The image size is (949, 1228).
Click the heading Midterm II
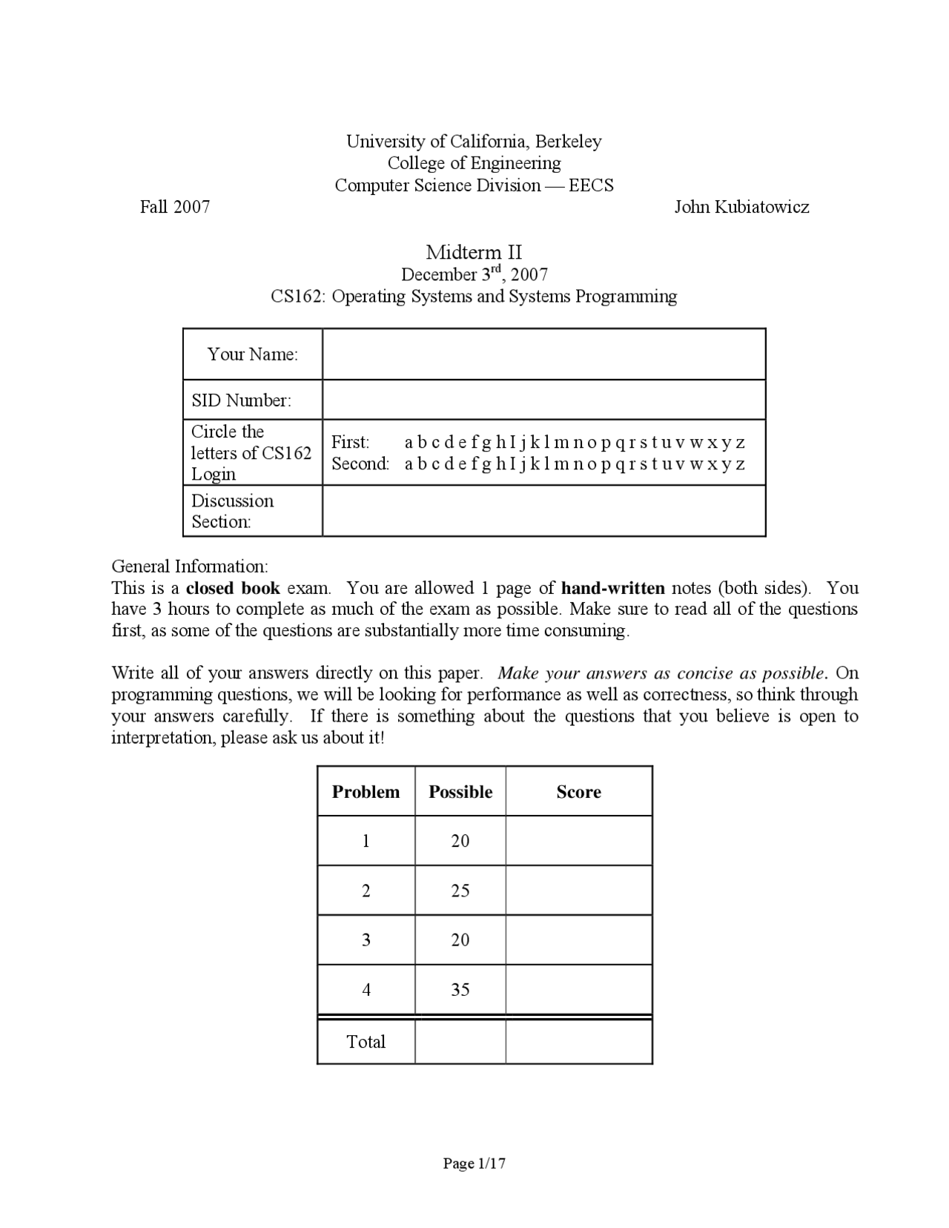[474, 252]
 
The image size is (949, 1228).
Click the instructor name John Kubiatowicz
[741, 207]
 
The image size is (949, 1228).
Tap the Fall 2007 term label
[175, 207]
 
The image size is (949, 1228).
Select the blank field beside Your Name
[543, 354]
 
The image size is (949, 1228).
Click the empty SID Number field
[543, 400]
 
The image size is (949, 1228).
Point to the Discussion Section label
[232, 511]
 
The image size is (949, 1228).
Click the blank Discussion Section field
[543, 511]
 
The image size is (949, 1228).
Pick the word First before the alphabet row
[350, 443]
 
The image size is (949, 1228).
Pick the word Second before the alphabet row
[360, 464]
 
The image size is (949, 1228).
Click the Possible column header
[460, 792]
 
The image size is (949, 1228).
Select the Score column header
[578, 792]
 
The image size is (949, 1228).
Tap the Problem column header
[366, 792]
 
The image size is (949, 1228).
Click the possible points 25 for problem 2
[460, 891]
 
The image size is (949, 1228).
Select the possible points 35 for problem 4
[460, 990]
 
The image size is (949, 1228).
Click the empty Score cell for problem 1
[578, 841]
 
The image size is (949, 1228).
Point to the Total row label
[366, 1042]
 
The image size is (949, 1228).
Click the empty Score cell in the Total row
[578, 1042]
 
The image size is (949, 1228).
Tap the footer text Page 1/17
[474, 1163]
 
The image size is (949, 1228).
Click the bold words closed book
[232, 589]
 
